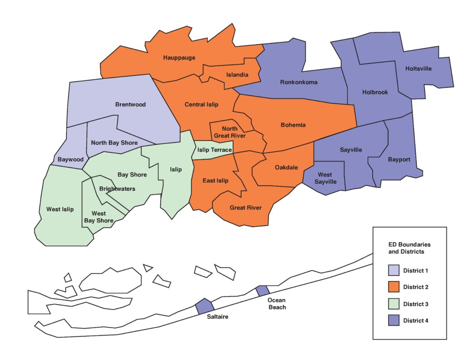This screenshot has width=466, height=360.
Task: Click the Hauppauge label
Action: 179,58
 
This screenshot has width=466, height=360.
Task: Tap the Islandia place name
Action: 237,75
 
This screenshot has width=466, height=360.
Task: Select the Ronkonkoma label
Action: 299,82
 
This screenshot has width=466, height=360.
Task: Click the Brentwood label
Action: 130,104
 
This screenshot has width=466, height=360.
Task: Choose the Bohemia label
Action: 293,125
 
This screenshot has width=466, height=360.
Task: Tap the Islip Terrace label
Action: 214,150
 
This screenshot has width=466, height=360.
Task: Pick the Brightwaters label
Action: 117,188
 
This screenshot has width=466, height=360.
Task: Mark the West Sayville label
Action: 325,178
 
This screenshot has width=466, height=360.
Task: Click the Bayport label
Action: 399,160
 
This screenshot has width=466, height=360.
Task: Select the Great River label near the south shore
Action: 245,208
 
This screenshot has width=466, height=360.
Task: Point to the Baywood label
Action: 71,160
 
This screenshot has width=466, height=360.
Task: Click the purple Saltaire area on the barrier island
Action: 205,306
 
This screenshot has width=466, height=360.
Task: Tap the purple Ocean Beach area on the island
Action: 263,290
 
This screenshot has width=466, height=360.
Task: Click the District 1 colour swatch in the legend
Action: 394,271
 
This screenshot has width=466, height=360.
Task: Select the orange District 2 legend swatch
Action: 394,287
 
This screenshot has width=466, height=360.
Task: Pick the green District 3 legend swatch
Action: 394,304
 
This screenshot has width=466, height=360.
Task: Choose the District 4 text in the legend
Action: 415,321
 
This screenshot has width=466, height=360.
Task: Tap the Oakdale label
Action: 286,167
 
